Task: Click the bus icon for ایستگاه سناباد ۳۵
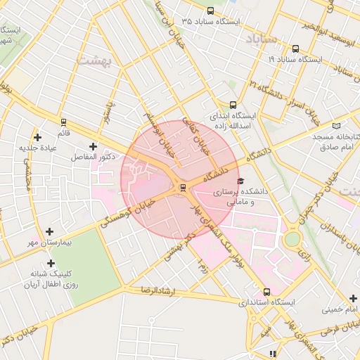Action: point(211,10)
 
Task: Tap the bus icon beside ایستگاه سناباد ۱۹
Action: point(294,49)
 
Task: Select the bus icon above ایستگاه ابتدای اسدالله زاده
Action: point(233,104)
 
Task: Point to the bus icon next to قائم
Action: point(64,122)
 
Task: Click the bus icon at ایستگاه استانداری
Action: point(266,291)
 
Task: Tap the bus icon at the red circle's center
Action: point(183,187)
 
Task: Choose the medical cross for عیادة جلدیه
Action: point(37,136)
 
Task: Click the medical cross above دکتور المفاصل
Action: point(93,146)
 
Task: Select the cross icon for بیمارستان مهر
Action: point(49,231)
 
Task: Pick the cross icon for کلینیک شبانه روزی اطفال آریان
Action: point(50,263)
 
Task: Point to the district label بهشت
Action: point(93,61)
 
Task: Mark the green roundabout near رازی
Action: point(292,239)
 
